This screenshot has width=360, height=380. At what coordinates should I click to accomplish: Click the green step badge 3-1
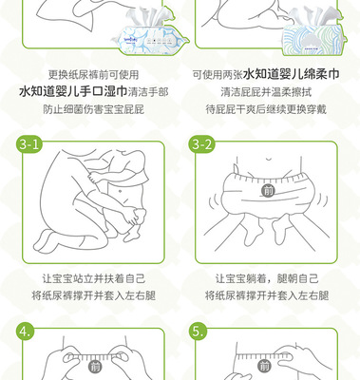click(x=28, y=144)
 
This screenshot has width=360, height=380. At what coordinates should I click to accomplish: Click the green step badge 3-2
click(x=201, y=144)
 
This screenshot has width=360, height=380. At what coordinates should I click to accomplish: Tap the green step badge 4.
click(x=26, y=332)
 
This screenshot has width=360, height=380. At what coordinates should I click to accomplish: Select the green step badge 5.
click(x=199, y=332)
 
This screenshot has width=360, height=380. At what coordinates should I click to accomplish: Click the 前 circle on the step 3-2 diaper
click(x=269, y=190)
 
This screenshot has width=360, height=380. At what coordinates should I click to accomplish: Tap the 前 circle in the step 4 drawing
click(x=94, y=368)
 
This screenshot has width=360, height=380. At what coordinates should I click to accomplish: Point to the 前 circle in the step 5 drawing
click(x=264, y=367)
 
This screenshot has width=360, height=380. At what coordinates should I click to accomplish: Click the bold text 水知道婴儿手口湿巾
click(x=73, y=92)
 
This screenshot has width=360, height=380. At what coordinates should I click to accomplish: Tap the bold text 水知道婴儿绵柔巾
click(x=292, y=74)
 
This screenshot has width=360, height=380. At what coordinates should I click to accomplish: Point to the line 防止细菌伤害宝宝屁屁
click(x=93, y=109)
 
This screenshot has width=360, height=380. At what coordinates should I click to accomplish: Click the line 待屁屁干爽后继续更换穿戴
click(x=266, y=109)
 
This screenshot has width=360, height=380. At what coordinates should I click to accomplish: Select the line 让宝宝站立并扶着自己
click(x=93, y=278)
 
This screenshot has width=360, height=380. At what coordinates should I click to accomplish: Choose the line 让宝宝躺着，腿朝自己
click(x=267, y=278)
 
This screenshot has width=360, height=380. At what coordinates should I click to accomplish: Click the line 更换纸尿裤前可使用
click(x=93, y=75)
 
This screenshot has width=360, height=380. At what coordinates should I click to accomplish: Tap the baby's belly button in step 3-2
click(x=269, y=160)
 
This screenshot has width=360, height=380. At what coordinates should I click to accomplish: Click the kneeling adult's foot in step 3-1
click(x=46, y=242)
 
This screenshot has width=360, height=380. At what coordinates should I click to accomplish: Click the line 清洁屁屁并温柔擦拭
click(x=266, y=92)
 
